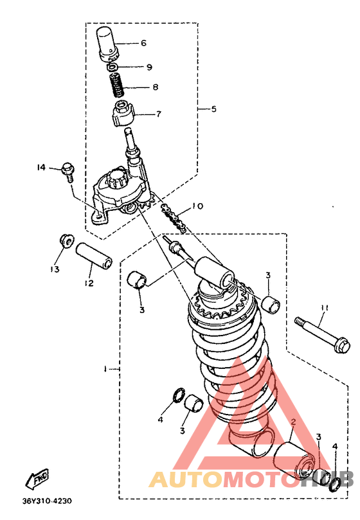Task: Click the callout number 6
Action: (x=143, y=43)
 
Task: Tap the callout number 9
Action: (x=149, y=67)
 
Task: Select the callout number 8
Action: (x=156, y=87)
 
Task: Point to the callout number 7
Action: (x=159, y=114)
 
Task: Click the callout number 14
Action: (x=41, y=168)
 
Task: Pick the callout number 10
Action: (x=197, y=206)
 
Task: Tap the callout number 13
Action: (x=55, y=269)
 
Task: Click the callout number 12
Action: (x=89, y=283)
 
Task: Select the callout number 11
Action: (x=324, y=308)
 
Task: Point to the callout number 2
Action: (x=293, y=422)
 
